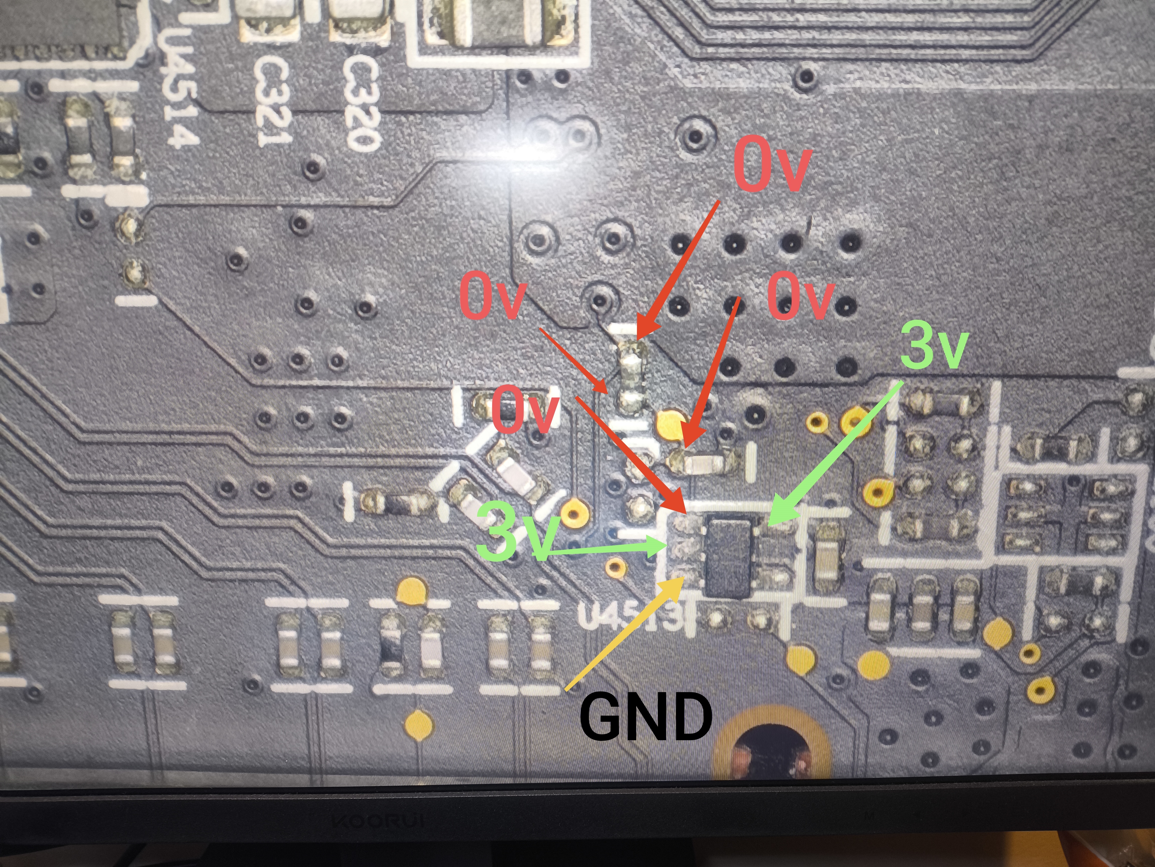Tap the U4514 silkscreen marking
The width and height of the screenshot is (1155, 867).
180,89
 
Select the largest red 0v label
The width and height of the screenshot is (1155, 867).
772,167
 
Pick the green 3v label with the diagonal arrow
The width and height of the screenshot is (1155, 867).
934,345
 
